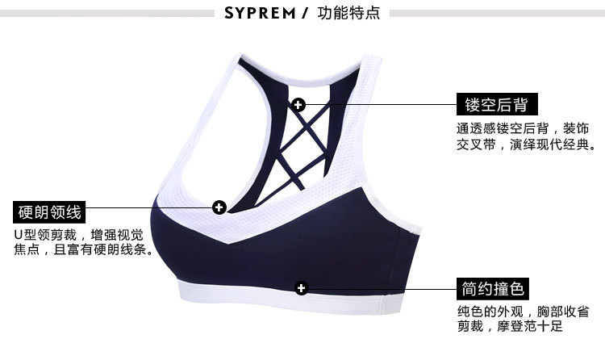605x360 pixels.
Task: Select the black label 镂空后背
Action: (x=496, y=104)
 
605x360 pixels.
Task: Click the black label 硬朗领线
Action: (x=49, y=212)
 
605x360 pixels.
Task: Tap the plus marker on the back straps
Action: (x=299, y=104)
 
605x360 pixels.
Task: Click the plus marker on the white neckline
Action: (x=219, y=207)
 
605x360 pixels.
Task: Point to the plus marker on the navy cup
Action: (x=302, y=287)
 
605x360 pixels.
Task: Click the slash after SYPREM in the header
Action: (x=306, y=13)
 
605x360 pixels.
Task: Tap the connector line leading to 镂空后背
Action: (x=379, y=104)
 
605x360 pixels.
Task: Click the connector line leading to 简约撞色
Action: (x=379, y=287)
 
